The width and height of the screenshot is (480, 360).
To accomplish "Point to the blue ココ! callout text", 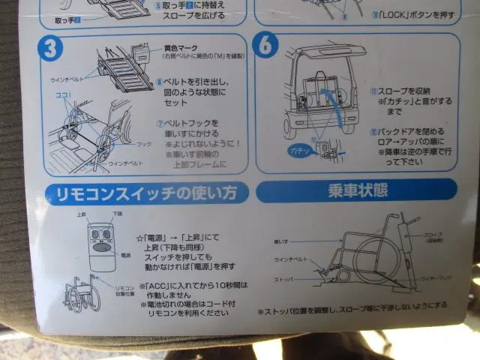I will (x=61, y=96).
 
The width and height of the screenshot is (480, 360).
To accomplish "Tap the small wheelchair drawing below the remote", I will (x=83, y=295).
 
